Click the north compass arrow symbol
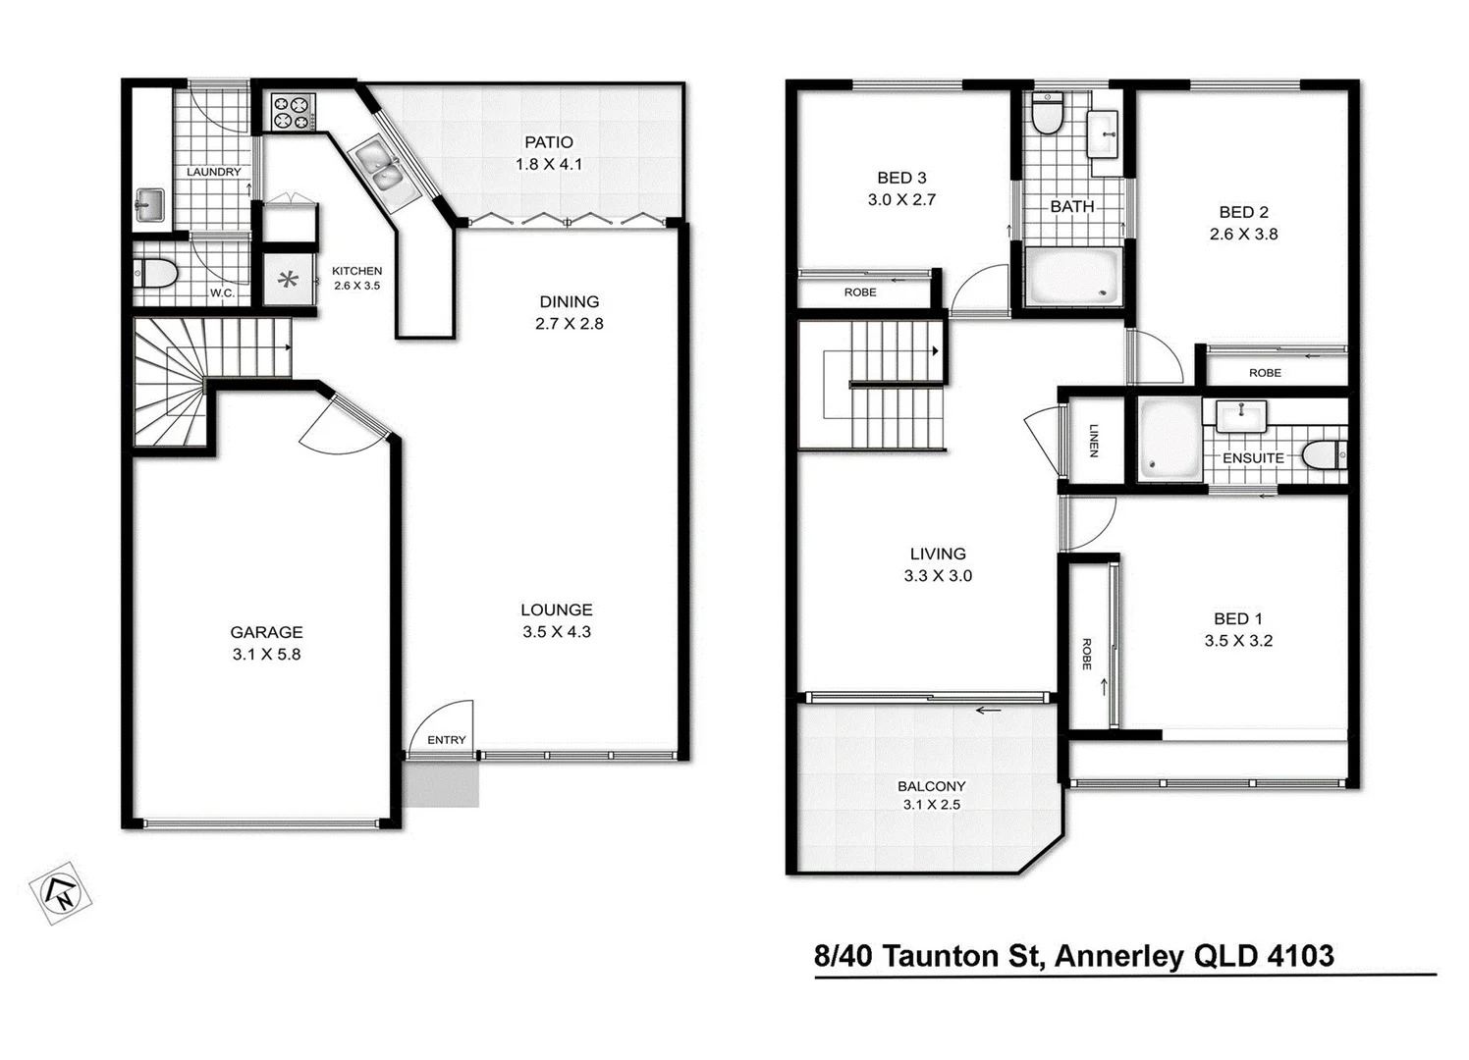(x=61, y=892)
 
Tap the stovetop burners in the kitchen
(x=292, y=111)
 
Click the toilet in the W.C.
(x=155, y=274)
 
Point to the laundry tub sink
(x=149, y=205)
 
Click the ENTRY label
(x=447, y=740)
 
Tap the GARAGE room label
(x=266, y=632)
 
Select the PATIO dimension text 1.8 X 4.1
(x=549, y=164)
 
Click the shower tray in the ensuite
(x=1170, y=439)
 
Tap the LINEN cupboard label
(x=1093, y=440)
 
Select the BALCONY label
(x=931, y=786)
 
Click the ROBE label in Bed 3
(x=860, y=292)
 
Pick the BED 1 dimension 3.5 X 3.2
(x=1238, y=641)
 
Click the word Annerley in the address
(x=1118, y=956)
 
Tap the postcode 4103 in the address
(x=1300, y=956)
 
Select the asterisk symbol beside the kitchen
(x=288, y=281)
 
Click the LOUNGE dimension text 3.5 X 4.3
(x=557, y=632)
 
